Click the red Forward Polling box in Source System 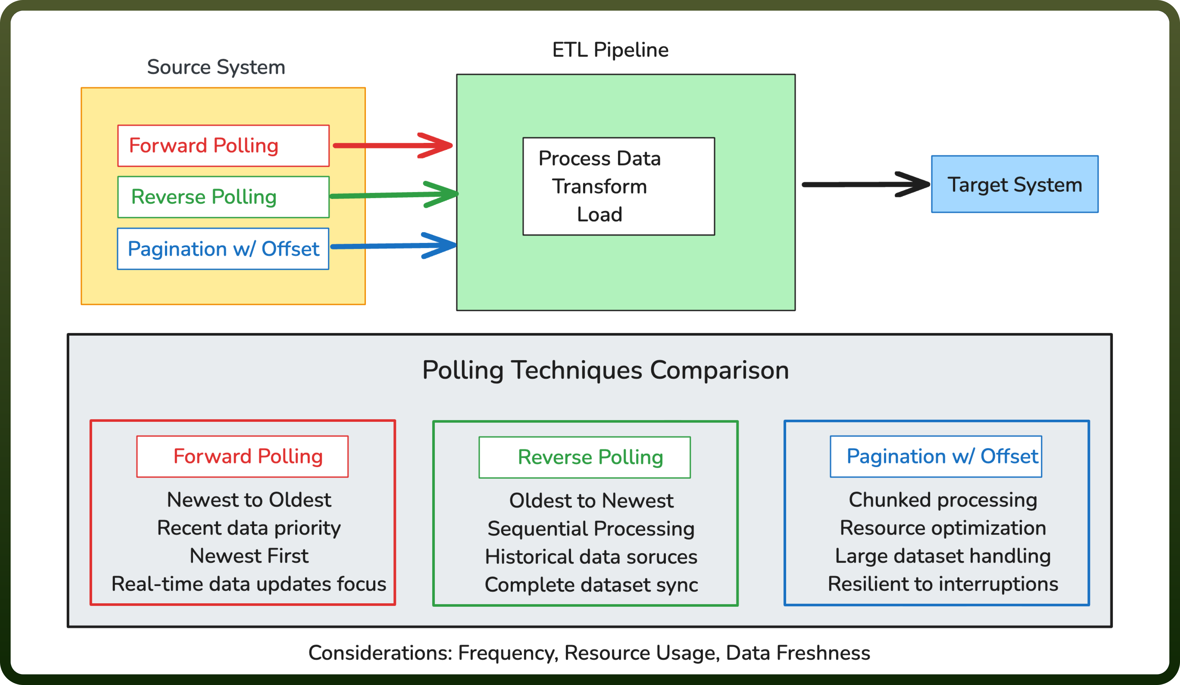tap(223, 146)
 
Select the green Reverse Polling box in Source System tap(223, 197)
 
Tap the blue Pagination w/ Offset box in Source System tap(223, 249)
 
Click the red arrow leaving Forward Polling tap(392, 146)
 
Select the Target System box tap(1015, 184)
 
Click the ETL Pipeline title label tap(610, 49)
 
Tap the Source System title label tap(216, 67)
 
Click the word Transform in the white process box tap(599, 186)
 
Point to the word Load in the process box tap(599, 214)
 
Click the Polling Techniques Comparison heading tap(605, 370)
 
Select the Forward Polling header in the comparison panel tap(242, 456)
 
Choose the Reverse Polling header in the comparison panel tap(584, 457)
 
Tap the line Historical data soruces tap(591, 557)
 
